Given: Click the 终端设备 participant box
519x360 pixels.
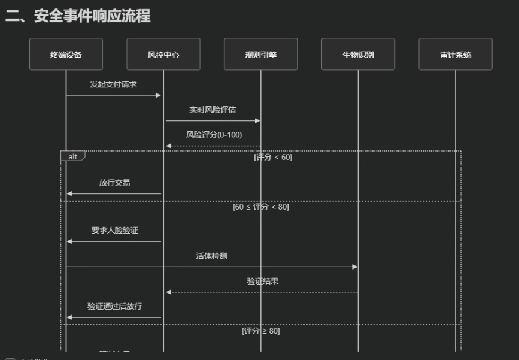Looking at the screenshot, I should (66, 55).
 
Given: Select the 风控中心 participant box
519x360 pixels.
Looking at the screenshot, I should (163, 55).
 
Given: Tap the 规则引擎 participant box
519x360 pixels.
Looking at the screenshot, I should (260, 55).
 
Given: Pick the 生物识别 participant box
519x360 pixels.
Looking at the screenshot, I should (358, 55).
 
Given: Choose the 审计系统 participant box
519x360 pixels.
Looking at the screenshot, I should (456, 55).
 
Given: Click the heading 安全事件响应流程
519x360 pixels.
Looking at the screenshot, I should (78, 16).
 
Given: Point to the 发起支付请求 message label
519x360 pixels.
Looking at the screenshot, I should (113, 84).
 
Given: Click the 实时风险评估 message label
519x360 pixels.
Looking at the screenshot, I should (213, 110).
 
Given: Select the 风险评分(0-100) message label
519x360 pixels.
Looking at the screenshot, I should (214, 135).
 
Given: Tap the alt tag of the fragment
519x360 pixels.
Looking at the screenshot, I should (72, 156).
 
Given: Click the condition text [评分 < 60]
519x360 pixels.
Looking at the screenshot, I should (273, 158).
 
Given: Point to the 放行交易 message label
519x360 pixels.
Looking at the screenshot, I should (114, 183).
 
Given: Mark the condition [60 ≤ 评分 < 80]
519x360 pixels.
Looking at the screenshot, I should (260, 207).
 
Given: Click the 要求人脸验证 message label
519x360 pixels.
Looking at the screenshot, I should (114, 230).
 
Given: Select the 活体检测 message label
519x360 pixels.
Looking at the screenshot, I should (211, 256).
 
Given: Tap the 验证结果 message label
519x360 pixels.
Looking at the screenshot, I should (262, 281).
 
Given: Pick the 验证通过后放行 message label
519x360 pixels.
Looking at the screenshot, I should (114, 306).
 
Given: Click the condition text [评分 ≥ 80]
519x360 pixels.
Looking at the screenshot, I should (260, 331).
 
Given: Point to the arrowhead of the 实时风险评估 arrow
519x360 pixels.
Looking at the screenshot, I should (257, 120).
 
